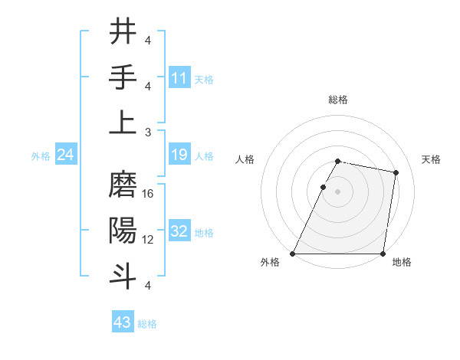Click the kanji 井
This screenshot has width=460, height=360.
click(x=123, y=32)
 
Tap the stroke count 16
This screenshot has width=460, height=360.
click(x=148, y=194)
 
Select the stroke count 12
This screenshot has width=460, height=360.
click(x=148, y=240)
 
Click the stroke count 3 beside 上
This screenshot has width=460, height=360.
click(x=148, y=132)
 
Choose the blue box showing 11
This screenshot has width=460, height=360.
click(x=179, y=78)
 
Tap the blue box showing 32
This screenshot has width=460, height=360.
click(x=179, y=232)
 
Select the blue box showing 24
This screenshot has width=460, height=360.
click(x=66, y=155)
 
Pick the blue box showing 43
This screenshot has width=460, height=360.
click(x=122, y=322)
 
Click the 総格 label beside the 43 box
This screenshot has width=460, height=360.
click(x=147, y=324)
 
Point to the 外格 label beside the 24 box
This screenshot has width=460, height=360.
click(x=41, y=156)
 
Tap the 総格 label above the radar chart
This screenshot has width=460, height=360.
click(x=338, y=100)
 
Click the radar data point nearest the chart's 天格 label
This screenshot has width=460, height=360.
click(x=396, y=173)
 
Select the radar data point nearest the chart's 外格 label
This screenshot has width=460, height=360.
click(x=293, y=254)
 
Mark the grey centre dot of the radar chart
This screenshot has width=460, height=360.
click(x=338, y=191)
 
